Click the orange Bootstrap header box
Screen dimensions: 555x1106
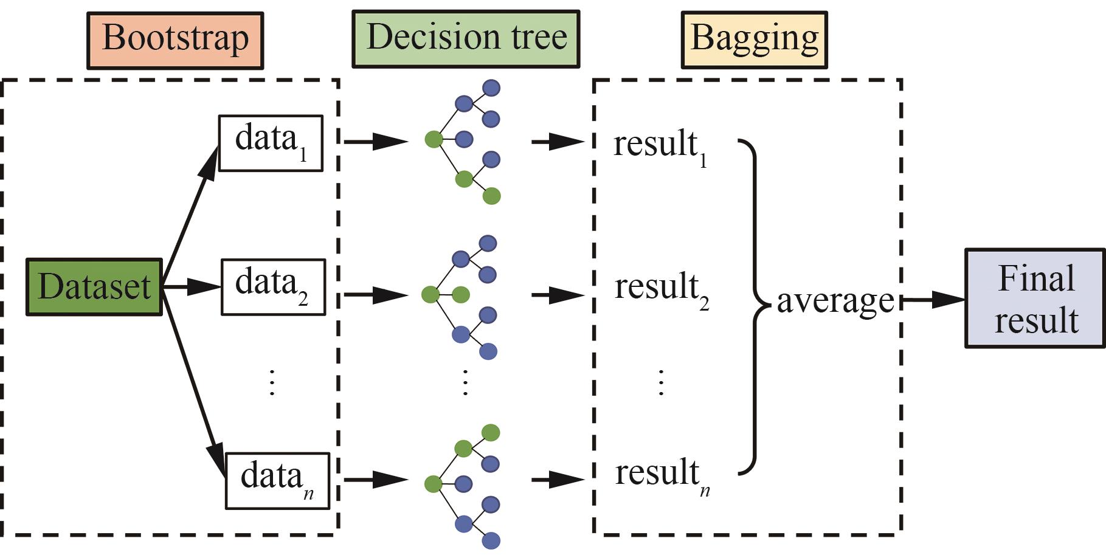[x=175, y=40]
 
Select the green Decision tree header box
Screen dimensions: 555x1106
[x=466, y=39]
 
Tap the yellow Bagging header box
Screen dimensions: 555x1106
[x=754, y=39]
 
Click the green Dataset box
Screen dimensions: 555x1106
[x=94, y=287]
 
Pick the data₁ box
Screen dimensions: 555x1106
[x=271, y=143]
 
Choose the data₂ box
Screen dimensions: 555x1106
[x=273, y=287]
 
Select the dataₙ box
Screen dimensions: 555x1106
[x=277, y=480]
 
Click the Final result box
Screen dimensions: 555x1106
[x=1035, y=298]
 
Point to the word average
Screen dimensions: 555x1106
[x=835, y=300]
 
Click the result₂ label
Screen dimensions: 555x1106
[x=662, y=289]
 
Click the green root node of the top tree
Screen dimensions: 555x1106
[x=434, y=139]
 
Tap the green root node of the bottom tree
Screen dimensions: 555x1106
[x=433, y=484]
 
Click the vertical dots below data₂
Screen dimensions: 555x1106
[x=272, y=382]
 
